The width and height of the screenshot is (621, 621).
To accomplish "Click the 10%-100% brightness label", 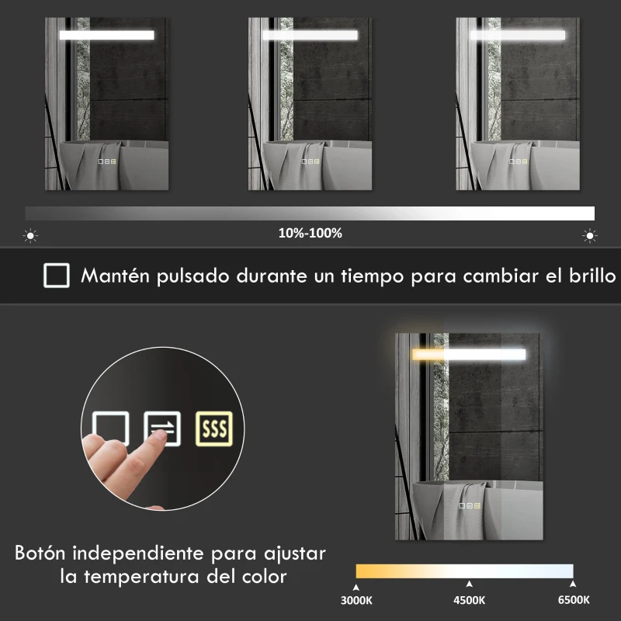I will (x=310, y=233).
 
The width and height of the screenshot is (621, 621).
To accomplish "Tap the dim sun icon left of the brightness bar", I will (x=31, y=235).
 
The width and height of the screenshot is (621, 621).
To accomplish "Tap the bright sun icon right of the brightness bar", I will (x=590, y=235).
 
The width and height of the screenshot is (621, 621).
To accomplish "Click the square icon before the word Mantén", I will (x=56, y=276).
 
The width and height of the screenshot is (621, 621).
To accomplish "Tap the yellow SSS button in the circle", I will (x=213, y=428).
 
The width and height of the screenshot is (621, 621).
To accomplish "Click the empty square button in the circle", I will (x=110, y=428).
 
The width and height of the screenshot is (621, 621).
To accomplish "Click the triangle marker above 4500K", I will (x=468, y=584).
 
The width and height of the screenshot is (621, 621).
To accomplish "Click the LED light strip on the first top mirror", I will (x=106, y=35).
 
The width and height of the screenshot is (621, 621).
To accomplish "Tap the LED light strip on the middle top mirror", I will (x=310, y=35).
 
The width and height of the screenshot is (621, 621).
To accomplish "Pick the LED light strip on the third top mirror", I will (x=517, y=35).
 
